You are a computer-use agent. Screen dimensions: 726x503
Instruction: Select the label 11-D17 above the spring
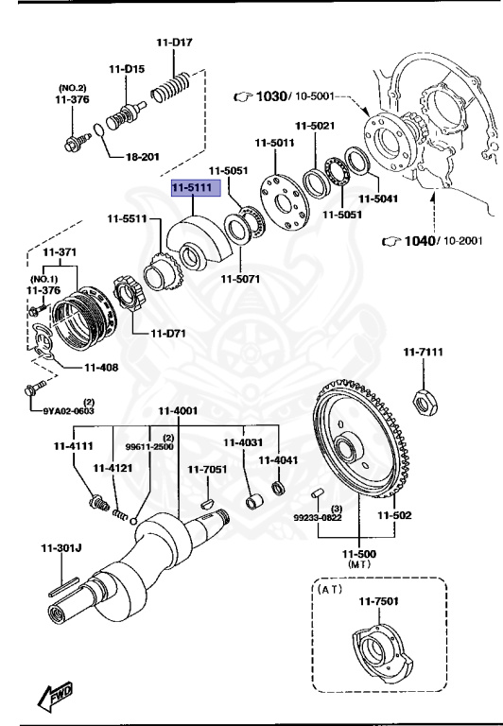(175, 43)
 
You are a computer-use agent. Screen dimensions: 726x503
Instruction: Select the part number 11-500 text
(360, 553)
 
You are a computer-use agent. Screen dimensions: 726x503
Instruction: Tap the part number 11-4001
(177, 410)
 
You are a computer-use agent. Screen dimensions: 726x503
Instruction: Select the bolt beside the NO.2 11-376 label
(75, 144)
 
